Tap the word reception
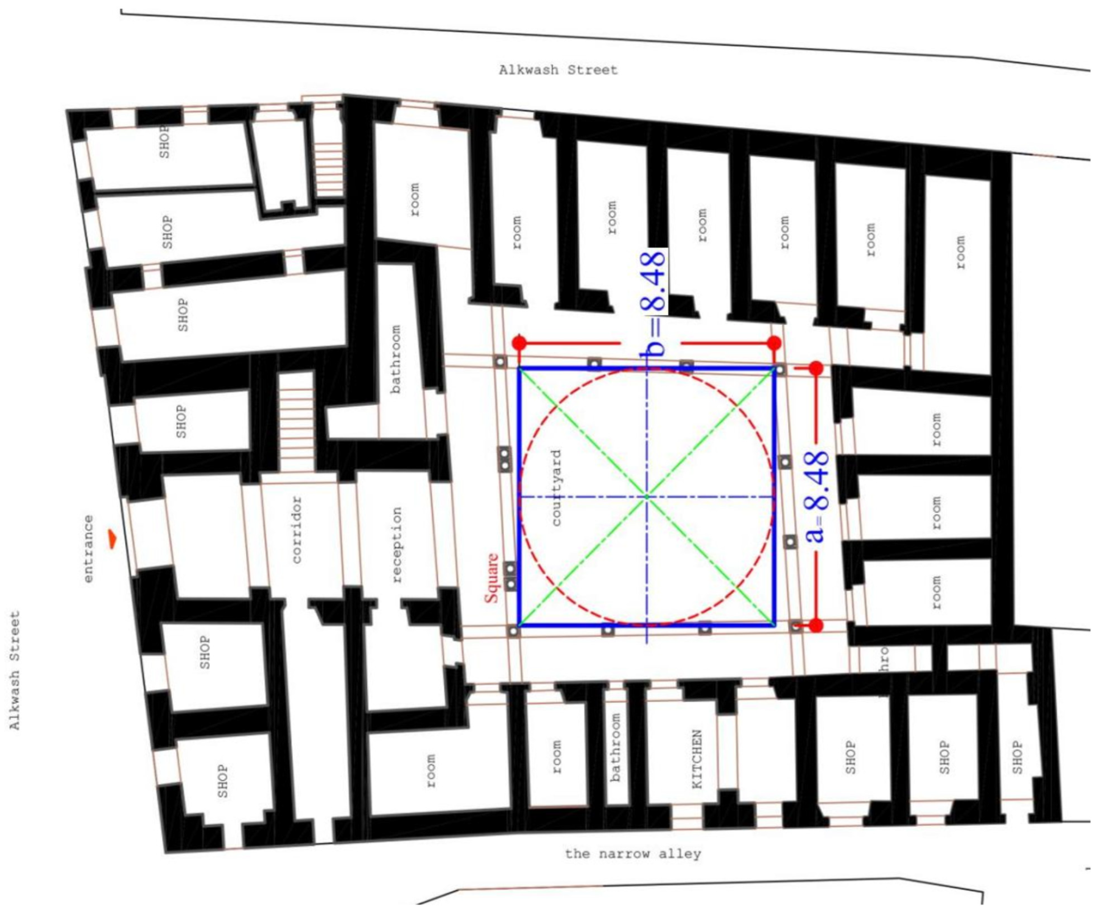[x=397, y=545]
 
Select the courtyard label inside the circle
[x=556, y=488]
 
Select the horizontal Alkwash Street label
[x=558, y=70]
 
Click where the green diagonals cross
[x=647, y=496]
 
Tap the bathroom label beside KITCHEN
[x=615, y=747]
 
